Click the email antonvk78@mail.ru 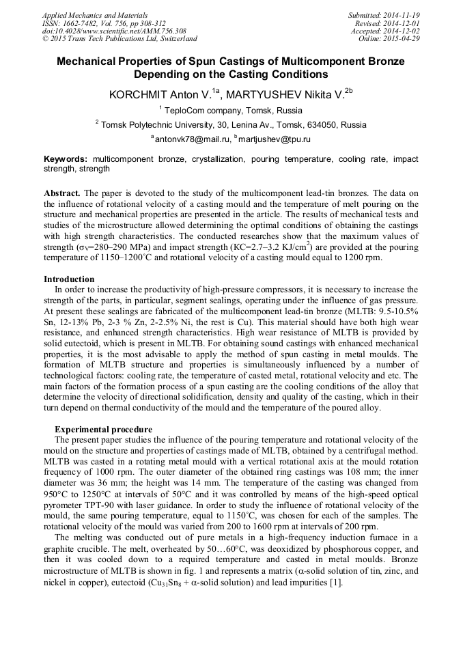tap(193, 139)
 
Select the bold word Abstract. tap(62, 193)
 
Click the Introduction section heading tap(69, 279)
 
